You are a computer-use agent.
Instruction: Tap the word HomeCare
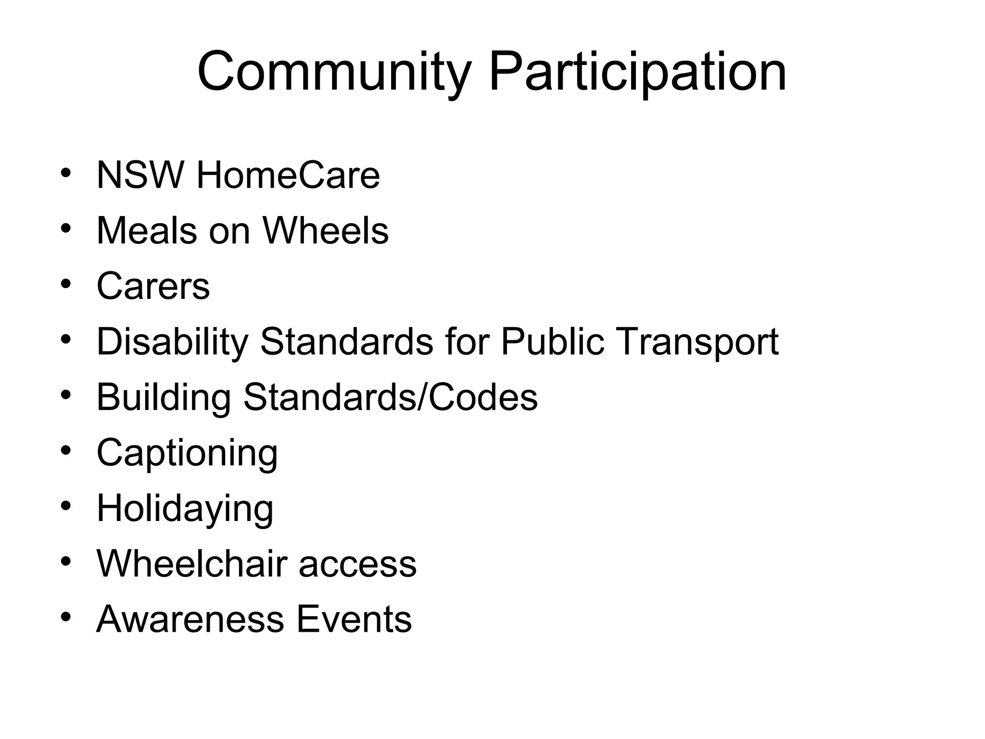(288, 175)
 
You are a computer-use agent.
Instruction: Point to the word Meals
(147, 231)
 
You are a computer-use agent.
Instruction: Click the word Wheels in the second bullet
(326, 231)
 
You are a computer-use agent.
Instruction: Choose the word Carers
(153, 286)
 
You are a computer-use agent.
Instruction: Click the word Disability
(172, 342)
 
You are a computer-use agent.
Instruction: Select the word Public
(552, 342)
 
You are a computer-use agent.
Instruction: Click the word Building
(164, 397)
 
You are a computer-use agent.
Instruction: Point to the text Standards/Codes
(390, 397)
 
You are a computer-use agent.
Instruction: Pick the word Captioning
(187, 453)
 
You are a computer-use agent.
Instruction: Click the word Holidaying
(185, 509)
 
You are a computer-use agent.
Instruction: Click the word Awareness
(190, 620)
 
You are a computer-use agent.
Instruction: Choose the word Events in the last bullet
(354, 620)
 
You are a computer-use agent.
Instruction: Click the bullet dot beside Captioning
(66, 451)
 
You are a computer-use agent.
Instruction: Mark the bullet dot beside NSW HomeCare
(66, 173)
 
